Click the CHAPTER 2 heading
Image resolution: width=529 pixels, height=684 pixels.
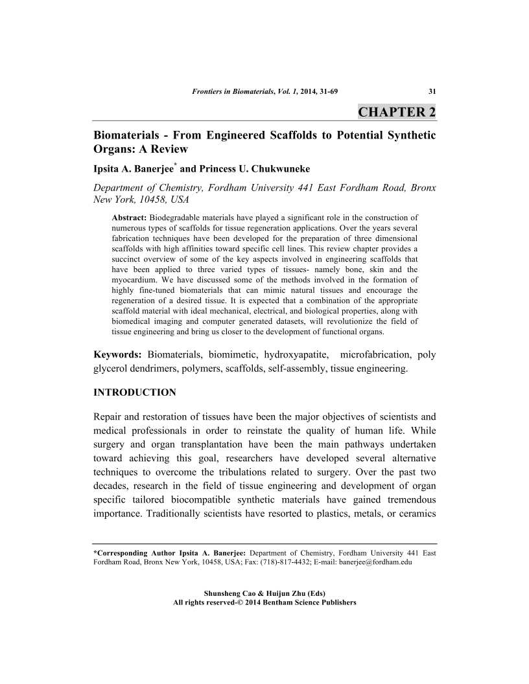[397, 111]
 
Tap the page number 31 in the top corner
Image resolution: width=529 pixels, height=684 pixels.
[432, 91]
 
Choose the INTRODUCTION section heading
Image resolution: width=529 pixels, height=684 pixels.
[135, 392]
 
